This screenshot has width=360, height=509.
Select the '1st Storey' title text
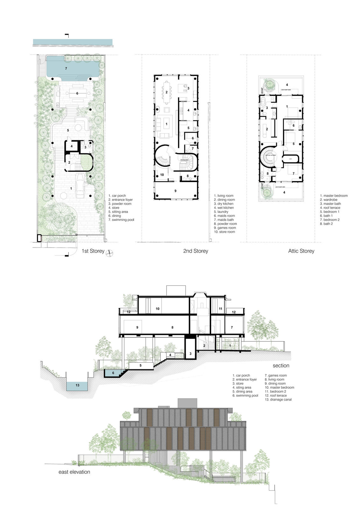point(93,251)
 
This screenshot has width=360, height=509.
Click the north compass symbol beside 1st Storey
point(109,253)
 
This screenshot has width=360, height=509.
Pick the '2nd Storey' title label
point(195,251)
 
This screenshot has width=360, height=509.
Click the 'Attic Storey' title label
point(301,251)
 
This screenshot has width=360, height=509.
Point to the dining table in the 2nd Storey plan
point(167,92)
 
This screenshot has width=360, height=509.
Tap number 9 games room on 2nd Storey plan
point(175,191)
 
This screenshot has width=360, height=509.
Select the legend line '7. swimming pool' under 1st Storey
point(121,220)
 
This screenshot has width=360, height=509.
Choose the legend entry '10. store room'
point(224,232)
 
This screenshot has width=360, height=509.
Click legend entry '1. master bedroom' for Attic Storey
point(334,196)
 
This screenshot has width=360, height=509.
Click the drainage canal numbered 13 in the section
point(77,385)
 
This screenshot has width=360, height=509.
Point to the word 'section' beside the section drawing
point(281,366)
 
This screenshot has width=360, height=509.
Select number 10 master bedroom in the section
point(157,309)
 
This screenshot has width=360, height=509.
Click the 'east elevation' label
point(74,472)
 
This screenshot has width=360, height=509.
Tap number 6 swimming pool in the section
point(113,373)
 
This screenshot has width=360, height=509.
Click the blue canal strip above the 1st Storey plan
point(73,42)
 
